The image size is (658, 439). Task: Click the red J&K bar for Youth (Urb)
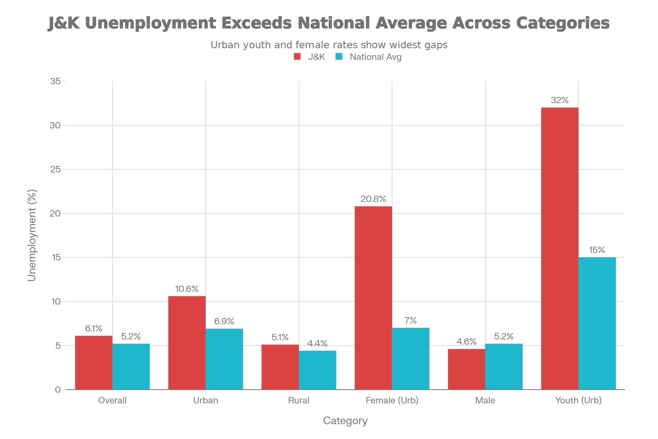(560, 248)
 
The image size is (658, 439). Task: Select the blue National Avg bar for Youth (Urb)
(597, 323)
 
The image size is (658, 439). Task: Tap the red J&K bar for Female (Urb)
(373, 298)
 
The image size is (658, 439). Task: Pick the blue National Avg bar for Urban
(224, 359)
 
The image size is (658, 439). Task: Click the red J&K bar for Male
(466, 369)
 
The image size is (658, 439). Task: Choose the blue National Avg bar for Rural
(317, 370)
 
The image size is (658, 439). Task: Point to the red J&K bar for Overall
(94, 362)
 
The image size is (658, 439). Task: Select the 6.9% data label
(224, 321)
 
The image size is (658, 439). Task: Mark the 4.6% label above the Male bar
(466, 342)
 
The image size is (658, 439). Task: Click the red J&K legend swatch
(297, 57)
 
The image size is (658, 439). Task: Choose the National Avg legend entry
(375, 57)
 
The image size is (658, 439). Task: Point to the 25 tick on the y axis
(56, 169)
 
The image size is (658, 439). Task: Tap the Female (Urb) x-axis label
(392, 400)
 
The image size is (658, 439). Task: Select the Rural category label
(299, 400)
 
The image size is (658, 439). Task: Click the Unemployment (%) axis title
(32, 235)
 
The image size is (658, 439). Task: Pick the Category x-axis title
(345, 421)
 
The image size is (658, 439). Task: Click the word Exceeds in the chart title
(257, 23)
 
